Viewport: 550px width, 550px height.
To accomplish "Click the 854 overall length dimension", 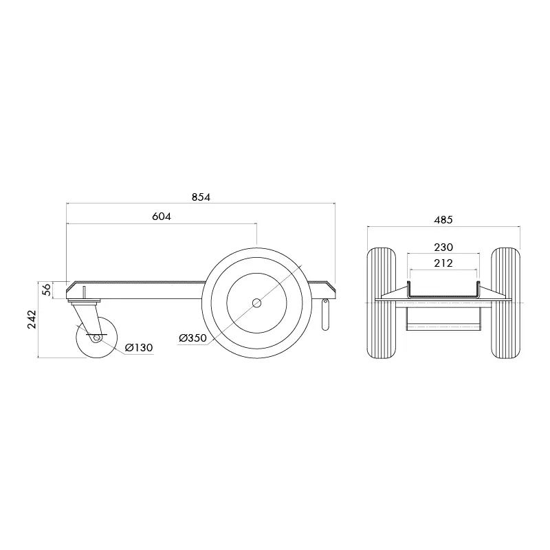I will (x=200, y=197).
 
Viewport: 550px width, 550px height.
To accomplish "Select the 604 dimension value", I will (x=161, y=216).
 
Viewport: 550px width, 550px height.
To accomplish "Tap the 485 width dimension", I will (x=443, y=220).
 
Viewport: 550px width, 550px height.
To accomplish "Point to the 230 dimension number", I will (x=443, y=247).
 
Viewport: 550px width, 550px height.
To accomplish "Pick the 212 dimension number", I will (x=443, y=262).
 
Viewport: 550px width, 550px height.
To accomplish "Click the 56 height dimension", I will (x=45, y=289).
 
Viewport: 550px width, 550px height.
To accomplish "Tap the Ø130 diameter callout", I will (x=139, y=348).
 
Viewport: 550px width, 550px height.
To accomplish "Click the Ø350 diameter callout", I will (x=192, y=338).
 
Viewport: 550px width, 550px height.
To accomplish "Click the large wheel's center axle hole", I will (x=256, y=302).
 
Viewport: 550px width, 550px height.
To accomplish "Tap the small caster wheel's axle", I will (x=96, y=338).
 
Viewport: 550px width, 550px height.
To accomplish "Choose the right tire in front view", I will (x=505, y=302).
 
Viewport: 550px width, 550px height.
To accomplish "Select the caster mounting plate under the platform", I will (x=85, y=299).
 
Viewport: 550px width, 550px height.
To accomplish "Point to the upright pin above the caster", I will (x=83, y=291).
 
